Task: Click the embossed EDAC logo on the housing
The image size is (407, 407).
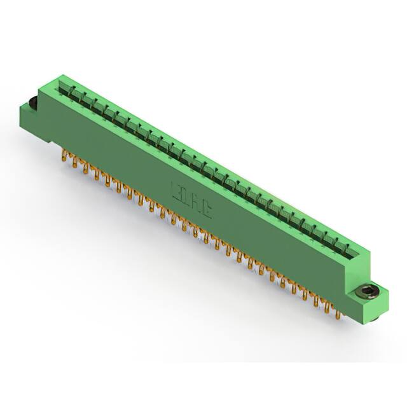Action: tap(195, 196)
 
